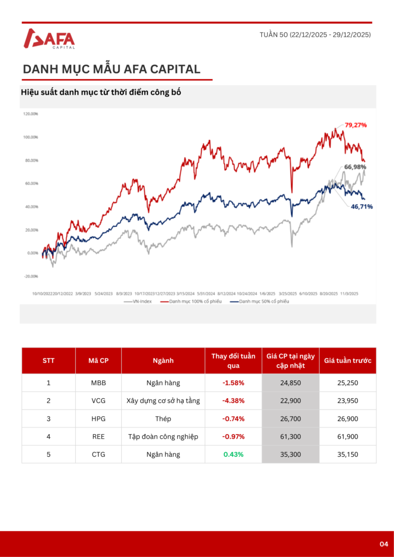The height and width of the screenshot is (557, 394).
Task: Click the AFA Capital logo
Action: pyautogui.click(x=50, y=39)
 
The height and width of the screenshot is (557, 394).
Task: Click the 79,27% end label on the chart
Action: pyautogui.click(x=355, y=125)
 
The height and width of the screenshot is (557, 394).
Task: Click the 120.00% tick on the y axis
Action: pyautogui.click(x=30, y=114)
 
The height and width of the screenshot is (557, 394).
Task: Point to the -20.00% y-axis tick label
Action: pyautogui.click(x=30, y=276)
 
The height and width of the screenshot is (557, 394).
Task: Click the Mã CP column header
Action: pyautogui.click(x=98, y=360)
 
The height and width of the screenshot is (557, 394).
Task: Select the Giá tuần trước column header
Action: pyautogui.click(x=347, y=360)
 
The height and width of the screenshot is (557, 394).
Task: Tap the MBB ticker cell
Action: pyautogui.click(x=98, y=383)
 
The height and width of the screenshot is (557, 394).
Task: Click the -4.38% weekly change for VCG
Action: pyautogui.click(x=233, y=401)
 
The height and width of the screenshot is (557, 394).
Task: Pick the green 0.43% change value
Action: pyautogui.click(x=233, y=454)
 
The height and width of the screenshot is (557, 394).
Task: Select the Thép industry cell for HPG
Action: pyautogui.click(x=163, y=419)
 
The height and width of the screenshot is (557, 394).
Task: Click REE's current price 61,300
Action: pyautogui.click(x=291, y=436)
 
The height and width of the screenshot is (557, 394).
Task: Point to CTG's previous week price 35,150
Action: pyautogui.click(x=347, y=454)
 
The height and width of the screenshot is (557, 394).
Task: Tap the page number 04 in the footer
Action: pyautogui.click(x=384, y=544)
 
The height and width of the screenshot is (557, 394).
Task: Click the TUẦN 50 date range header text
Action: pyautogui.click(x=315, y=35)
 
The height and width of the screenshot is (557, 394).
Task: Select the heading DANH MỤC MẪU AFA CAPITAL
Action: pyautogui.click(x=112, y=70)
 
